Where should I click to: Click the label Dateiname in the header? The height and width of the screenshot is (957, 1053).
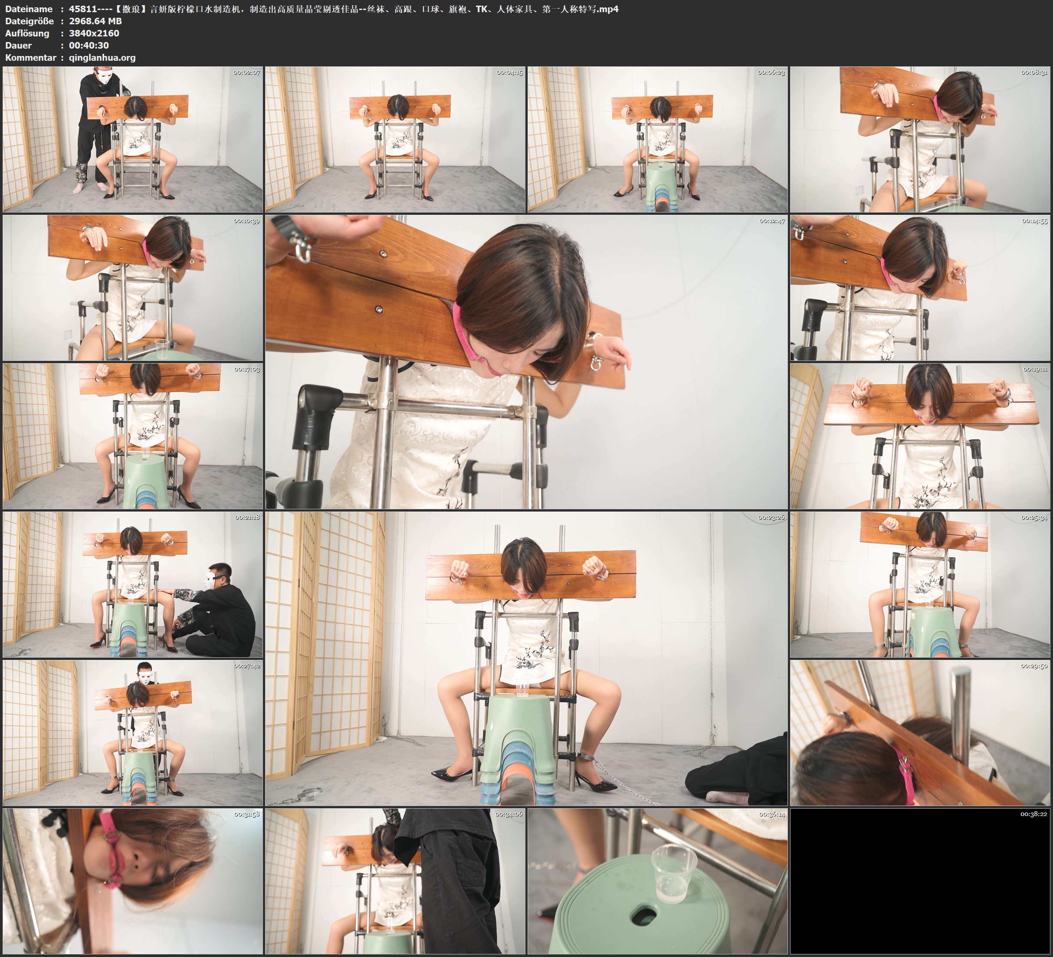tap(29, 9)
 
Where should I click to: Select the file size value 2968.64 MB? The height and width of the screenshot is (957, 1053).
tap(95, 21)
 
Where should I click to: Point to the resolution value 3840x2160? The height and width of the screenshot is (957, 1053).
tap(94, 33)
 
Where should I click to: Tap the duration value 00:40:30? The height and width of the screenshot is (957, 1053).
tap(89, 46)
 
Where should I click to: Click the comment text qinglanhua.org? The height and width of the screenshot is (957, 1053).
tap(102, 57)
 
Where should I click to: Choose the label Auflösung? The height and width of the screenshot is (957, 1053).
tap(27, 33)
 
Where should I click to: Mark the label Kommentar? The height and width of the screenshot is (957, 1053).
tap(30, 57)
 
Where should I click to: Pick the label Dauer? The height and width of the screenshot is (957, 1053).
tap(18, 46)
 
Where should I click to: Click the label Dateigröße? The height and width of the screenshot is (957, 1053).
tap(29, 21)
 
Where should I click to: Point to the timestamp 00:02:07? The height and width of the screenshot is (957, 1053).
tap(246, 72)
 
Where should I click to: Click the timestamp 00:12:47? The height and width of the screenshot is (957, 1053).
tap(772, 221)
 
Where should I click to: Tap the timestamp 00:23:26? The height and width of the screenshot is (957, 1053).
tap(771, 518)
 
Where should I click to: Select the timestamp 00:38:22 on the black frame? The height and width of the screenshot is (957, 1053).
tap(1034, 814)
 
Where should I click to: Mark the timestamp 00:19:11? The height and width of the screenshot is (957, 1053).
tap(1035, 369)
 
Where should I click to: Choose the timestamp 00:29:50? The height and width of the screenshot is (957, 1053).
tap(1034, 666)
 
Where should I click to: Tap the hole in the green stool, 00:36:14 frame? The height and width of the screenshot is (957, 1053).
tap(646, 916)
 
